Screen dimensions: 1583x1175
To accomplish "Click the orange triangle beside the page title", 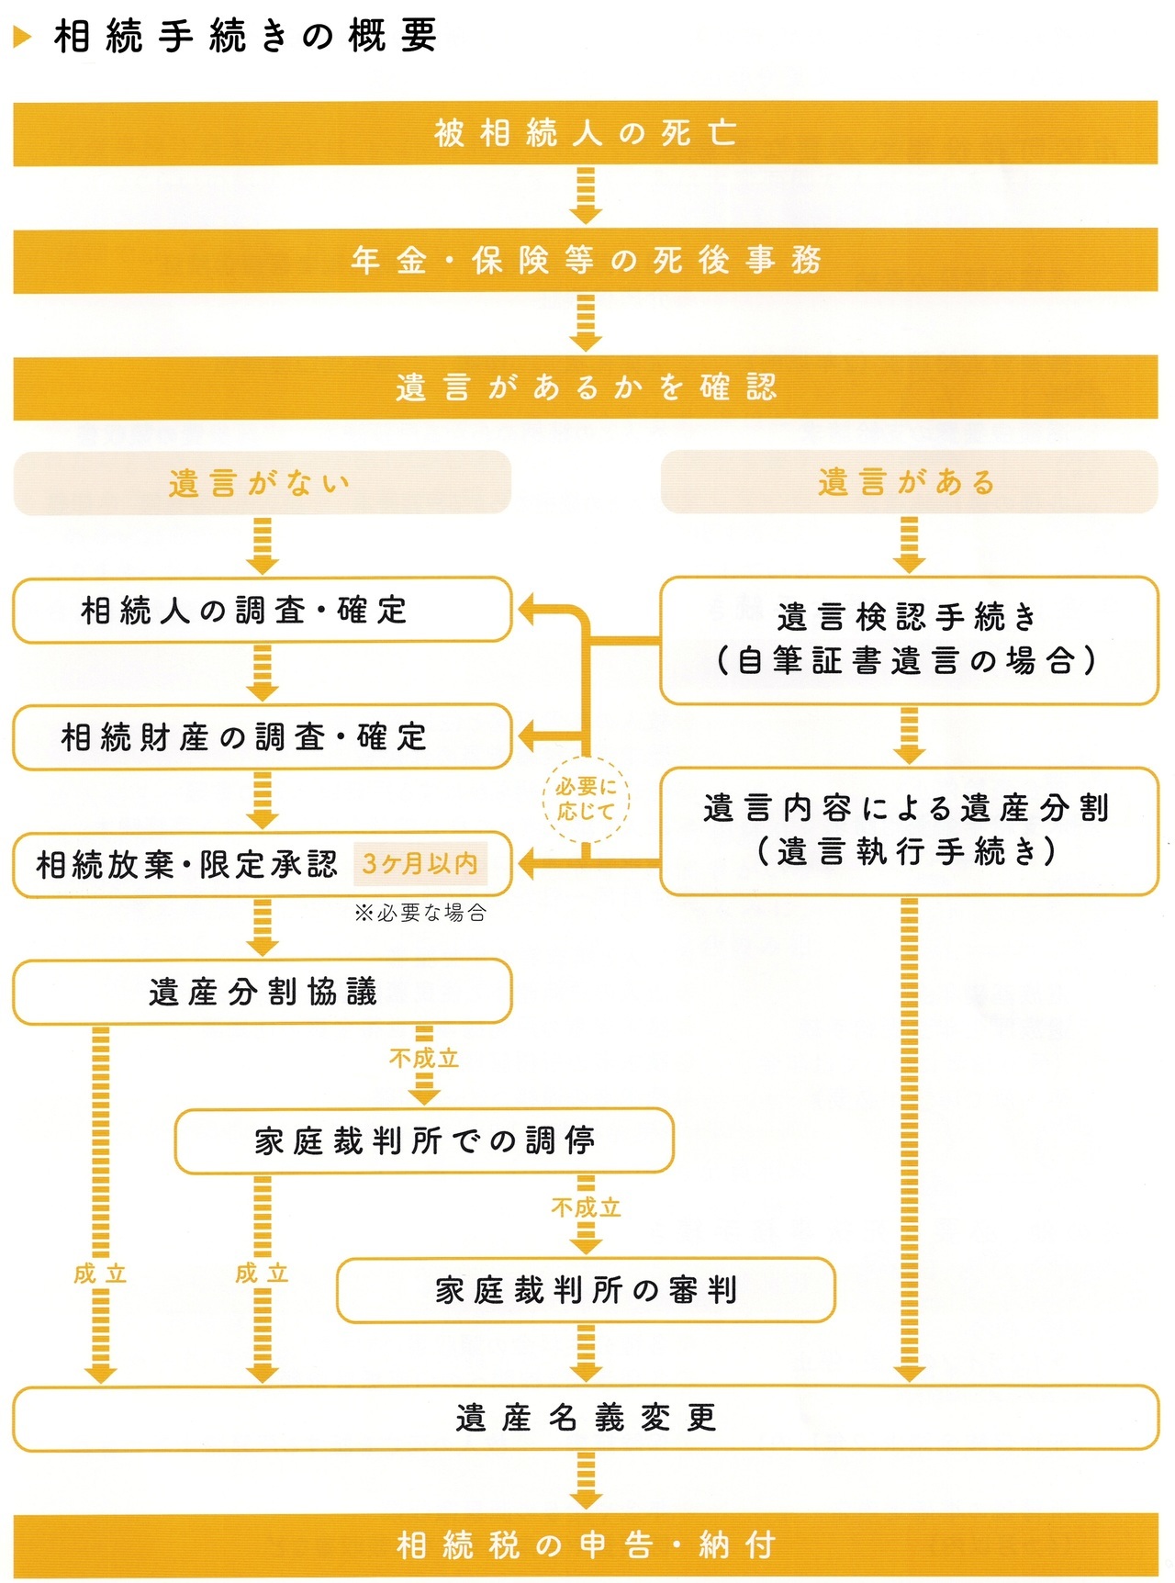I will point(23,37).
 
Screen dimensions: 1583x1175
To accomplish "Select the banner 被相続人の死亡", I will point(586,133).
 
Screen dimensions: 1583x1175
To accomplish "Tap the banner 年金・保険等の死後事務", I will point(586,261).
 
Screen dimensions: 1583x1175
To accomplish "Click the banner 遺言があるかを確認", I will point(586,387).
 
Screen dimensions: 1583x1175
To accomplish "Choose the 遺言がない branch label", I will point(262,482).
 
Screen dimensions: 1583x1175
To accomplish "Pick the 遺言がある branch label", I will point(909,482).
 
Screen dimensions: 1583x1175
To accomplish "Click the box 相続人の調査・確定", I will point(262,610).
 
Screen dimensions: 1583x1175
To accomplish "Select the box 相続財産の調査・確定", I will point(262,736).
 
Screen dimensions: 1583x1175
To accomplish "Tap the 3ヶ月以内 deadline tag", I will point(420,863).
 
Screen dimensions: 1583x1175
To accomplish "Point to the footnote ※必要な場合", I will point(420,913).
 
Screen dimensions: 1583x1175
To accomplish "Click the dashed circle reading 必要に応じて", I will point(586,799).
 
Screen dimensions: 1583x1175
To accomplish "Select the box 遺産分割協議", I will point(262,992).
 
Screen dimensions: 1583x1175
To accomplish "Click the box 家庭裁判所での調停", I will point(424,1140).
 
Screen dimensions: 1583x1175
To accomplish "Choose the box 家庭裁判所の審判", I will point(586,1290).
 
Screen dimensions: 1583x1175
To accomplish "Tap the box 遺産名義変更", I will point(586,1418).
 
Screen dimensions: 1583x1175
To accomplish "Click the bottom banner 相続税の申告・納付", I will point(586,1545).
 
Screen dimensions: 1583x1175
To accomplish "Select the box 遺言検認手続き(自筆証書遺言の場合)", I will point(909,640).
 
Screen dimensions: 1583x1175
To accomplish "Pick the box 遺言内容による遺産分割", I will point(909,830).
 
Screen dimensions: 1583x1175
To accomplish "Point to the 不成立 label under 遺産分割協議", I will point(424,1059).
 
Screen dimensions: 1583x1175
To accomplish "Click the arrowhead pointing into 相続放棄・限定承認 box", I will point(528,863).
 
